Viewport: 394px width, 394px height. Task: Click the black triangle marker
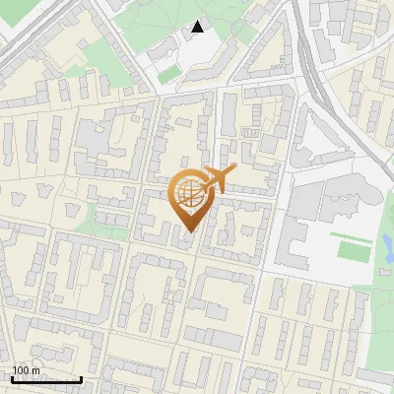point(198,28)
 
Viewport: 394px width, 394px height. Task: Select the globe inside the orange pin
point(187,195)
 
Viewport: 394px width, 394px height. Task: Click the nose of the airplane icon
point(232,172)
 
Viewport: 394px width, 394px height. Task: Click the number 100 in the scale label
point(22,370)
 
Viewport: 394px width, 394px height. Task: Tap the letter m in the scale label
point(36,370)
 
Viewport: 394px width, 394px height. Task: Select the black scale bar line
point(45,379)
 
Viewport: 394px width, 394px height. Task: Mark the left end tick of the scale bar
point(11,378)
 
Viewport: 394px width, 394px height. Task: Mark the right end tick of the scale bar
point(81,378)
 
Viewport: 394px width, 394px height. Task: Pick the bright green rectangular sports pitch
point(354,247)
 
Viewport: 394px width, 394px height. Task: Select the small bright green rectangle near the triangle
point(169,74)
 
